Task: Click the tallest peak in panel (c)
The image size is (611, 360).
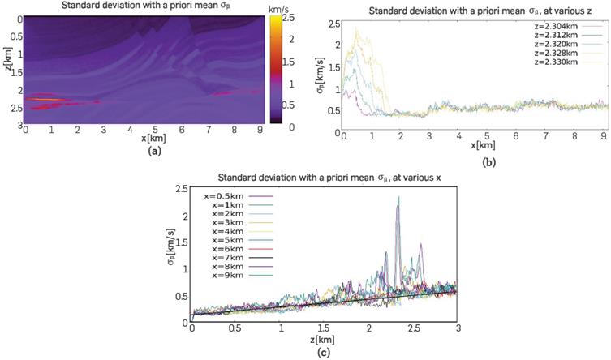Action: click(398, 197)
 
